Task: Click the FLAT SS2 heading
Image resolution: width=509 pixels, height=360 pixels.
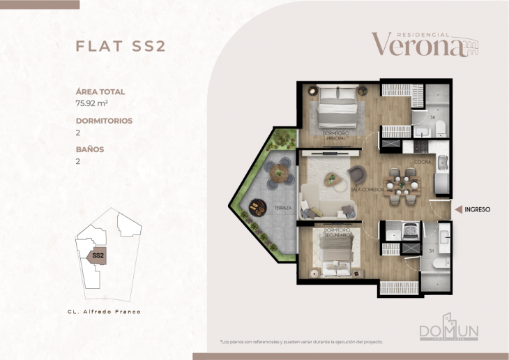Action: point(120,46)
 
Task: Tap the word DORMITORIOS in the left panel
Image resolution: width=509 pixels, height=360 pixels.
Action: point(104,121)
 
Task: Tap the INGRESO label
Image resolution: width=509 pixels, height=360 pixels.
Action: point(478,209)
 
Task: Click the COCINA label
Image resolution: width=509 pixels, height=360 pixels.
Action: point(423,163)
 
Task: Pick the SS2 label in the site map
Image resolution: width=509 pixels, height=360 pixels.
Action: point(98,255)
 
